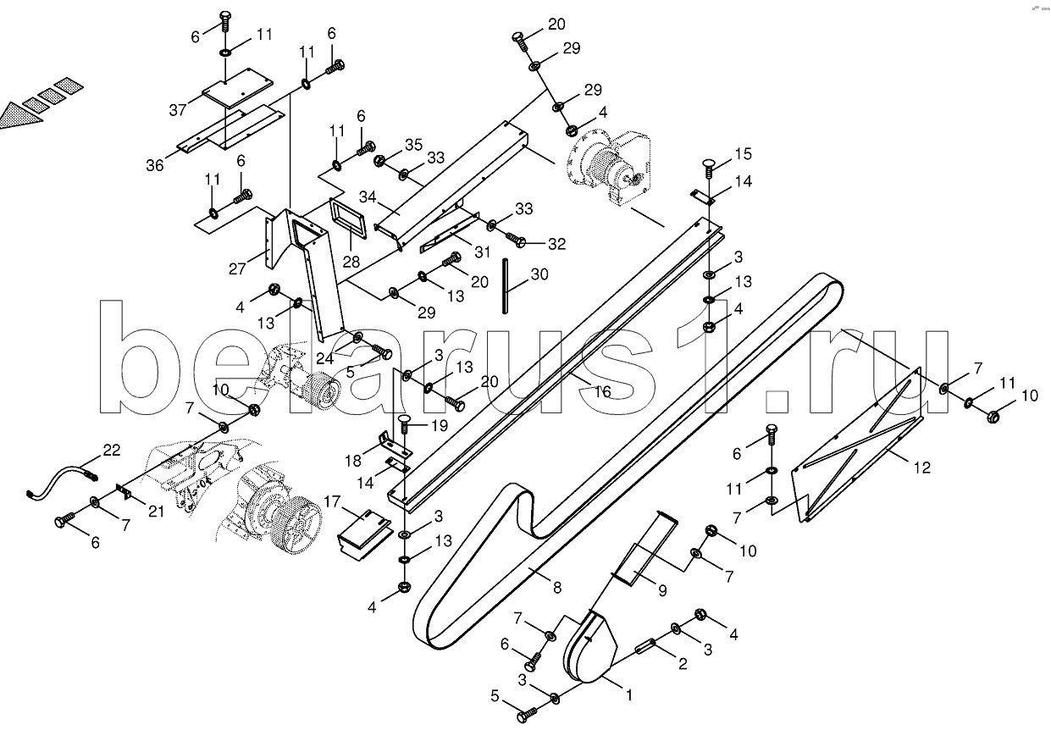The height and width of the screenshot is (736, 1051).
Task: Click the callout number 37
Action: coord(177,110)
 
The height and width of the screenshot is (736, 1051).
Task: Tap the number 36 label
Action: coord(154,166)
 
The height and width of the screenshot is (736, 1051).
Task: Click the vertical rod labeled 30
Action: coord(506,286)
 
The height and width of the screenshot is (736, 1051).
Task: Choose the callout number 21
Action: coord(155,509)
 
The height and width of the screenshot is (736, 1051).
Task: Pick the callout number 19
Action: coord(440,425)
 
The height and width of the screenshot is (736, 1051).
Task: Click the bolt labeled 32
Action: coord(520,243)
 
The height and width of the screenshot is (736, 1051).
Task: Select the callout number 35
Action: coord(412,144)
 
